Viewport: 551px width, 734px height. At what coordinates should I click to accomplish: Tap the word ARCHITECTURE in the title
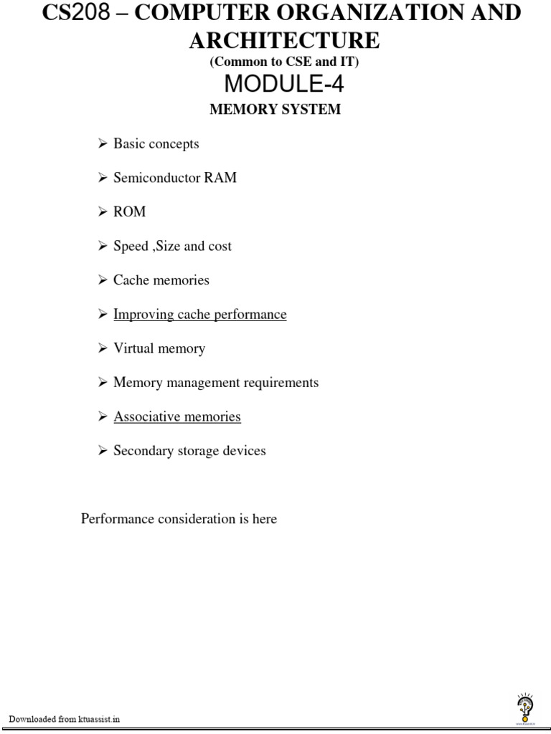coord(284,40)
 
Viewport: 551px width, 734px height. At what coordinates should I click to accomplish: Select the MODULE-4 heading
coord(284,85)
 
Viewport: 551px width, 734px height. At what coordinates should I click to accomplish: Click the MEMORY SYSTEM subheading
coord(275,110)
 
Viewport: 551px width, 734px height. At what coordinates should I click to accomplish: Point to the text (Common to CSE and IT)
coord(284,62)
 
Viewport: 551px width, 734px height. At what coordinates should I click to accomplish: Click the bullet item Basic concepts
coord(156,143)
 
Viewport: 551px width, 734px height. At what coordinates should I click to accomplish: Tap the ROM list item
coord(129,212)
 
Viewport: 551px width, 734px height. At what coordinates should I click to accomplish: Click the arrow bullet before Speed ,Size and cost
coord(103,246)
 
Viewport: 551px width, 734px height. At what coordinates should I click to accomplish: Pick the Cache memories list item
coord(161,280)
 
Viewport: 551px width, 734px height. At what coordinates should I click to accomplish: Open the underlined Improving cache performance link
coord(199,315)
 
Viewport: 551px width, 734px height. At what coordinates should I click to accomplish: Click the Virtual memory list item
coord(159,349)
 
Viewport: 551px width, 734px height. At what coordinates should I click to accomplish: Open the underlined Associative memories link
coord(177,417)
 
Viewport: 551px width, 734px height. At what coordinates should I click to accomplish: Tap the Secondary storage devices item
coord(189,451)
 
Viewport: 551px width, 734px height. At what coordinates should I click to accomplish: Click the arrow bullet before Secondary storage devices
coord(103,451)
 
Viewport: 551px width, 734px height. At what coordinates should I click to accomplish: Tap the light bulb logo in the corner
coord(524,708)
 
